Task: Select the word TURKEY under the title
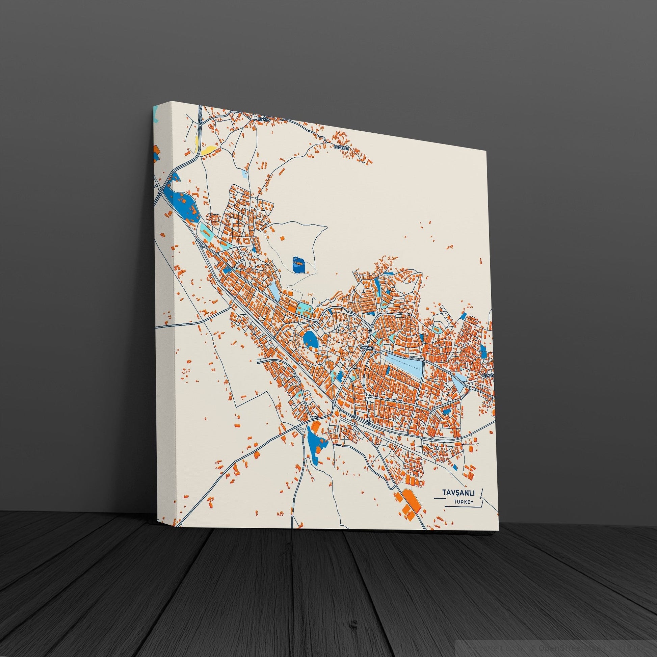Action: (x=463, y=511)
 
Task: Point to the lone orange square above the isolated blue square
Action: (x=282, y=238)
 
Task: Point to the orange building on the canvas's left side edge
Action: (x=156, y=150)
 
